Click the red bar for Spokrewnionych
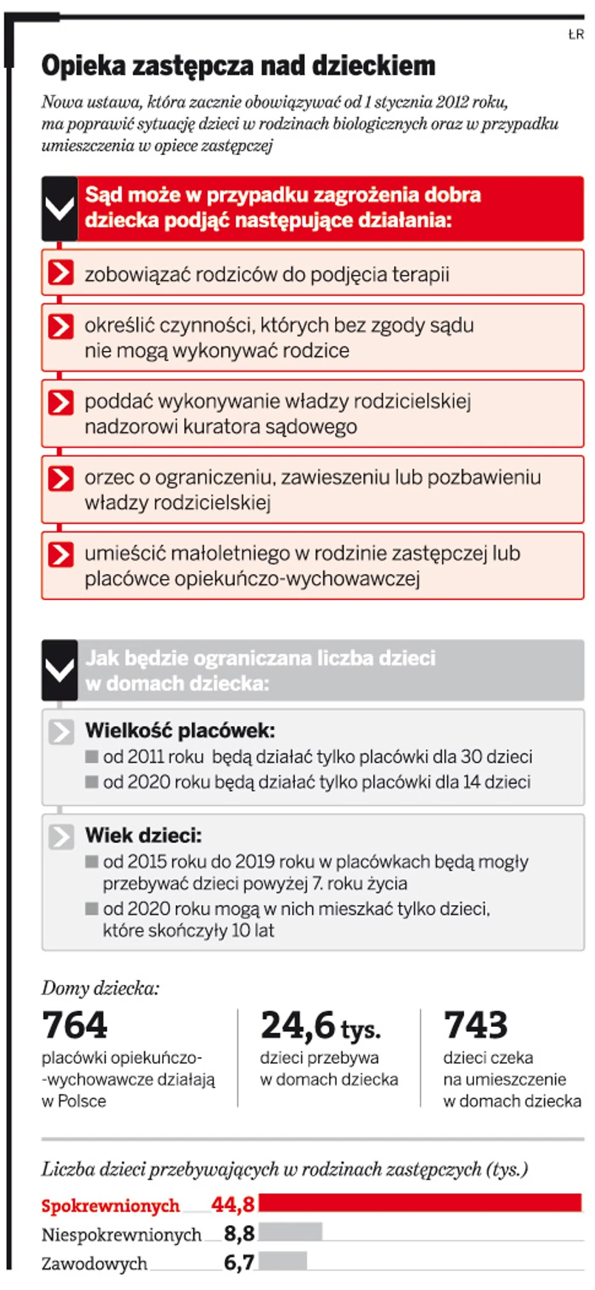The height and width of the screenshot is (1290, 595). click(x=420, y=1202)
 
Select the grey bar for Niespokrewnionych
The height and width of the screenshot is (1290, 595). click(x=290, y=1232)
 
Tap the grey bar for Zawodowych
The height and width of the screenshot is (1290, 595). click(x=282, y=1260)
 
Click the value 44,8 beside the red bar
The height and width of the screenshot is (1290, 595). click(x=233, y=1204)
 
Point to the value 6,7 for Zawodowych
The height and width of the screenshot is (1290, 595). click(x=239, y=1263)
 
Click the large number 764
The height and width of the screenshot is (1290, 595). click(x=75, y=1025)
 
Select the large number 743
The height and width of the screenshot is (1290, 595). click(x=475, y=1025)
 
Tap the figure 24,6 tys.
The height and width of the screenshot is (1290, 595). click(x=320, y=1025)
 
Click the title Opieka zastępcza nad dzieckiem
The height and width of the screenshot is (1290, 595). click(x=238, y=66)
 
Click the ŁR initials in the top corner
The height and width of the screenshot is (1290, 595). click(x=576, y=35)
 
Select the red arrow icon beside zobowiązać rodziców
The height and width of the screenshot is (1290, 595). click(x=61, y=273)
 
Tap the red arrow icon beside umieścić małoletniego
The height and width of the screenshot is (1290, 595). click(x=61, y=554)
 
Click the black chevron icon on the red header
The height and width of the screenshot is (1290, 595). click(x=60, y=209)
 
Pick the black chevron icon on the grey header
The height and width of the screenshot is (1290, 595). click(x=60, y=671)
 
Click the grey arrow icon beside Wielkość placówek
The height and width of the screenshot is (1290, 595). click(x=61, y=731)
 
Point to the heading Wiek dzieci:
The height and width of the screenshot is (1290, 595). click(x=143, y=836)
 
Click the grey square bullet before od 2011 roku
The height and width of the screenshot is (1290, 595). click(x=92, y=757)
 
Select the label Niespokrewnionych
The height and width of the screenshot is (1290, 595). click(x=121, y=1235)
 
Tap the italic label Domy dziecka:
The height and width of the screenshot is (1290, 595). click(x=100, y=989)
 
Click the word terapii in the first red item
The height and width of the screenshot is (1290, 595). click(x=421, y=274)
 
